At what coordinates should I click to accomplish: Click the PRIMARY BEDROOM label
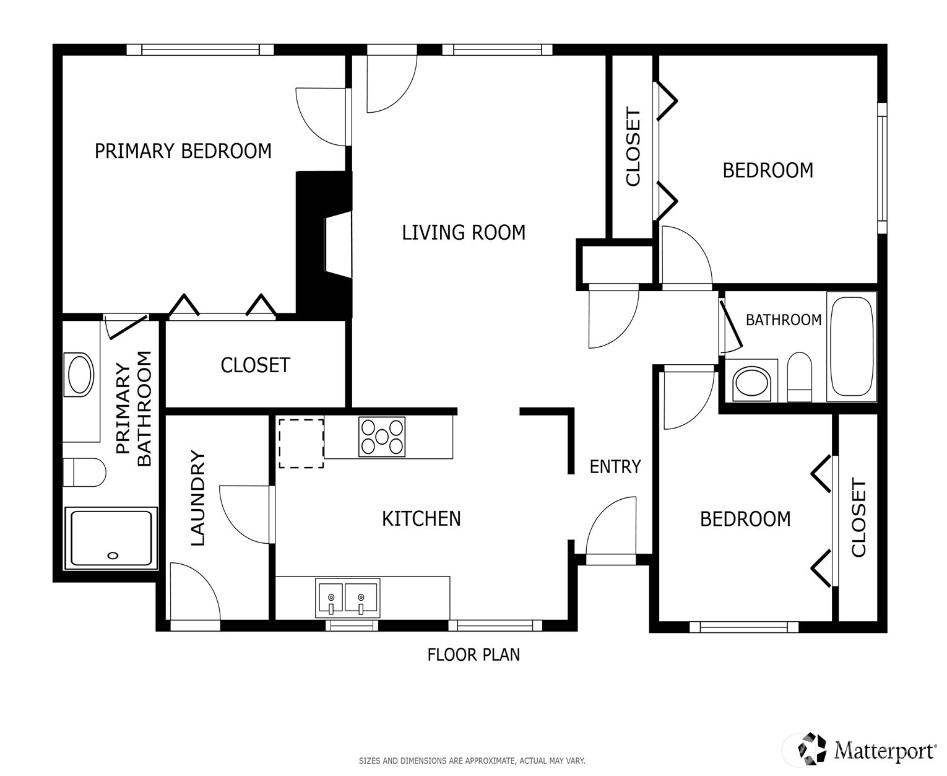pyautogui.click(x=183, y=151)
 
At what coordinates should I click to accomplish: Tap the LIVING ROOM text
pyautogui.click(x=464, y=233)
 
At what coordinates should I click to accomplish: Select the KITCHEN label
pyautogui.click(x=421, y=519)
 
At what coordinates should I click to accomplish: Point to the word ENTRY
pyautogui.click(x=615, y=467)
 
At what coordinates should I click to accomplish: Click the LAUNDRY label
pyautogui.click(x=197, y=498)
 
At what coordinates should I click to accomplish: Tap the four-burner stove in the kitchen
pyautogui.click(x=382, y=437)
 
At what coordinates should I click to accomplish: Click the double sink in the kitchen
pyautogui.click(x=348, y=598)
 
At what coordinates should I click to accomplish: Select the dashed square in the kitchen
pyautogui.click(x=301, y=443)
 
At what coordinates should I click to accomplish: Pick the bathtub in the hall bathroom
pyautogui.click(x=851, y=346)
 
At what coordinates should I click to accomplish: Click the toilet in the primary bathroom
pyautogui.click(x=84, y=473)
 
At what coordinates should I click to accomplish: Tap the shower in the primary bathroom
pyautogui.click(x=111, y=538)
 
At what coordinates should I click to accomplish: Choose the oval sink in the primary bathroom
pyautogui.click(x=79, y=375)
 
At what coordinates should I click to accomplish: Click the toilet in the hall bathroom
pyautogui.click(x=800, y=377)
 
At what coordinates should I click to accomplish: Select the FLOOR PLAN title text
pyautogui.click(x=473, y=655)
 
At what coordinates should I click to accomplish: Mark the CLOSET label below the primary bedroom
pyautogui.click(x=256, y=365)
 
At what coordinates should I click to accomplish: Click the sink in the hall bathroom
pyautogui.click(x=751, y=384)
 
